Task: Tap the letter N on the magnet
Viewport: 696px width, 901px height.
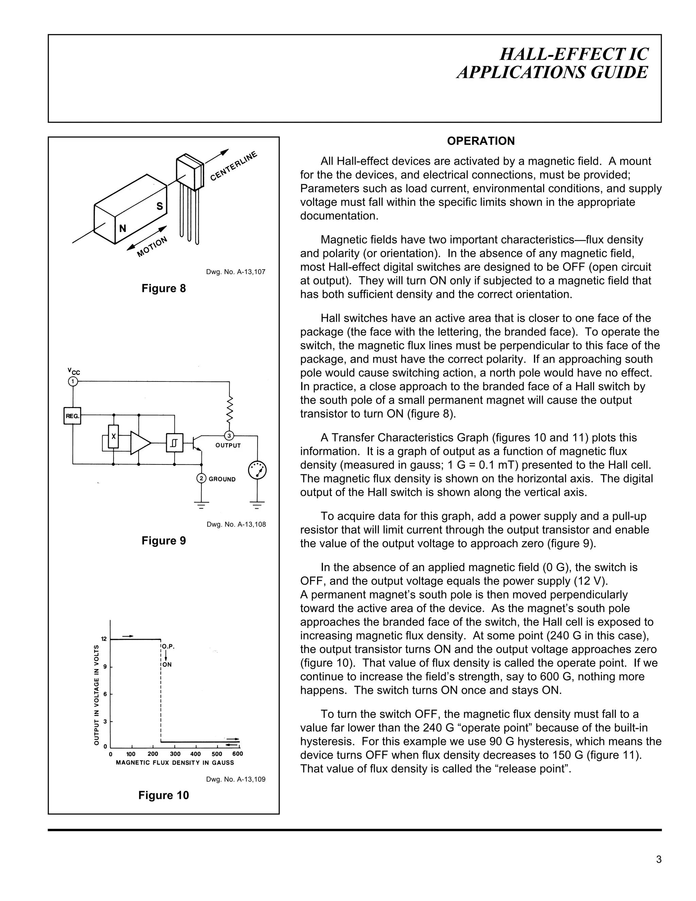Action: point(122,228)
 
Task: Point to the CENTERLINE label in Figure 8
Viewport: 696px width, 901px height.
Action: point(233,166)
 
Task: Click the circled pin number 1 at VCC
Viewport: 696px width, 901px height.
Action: point(73,381)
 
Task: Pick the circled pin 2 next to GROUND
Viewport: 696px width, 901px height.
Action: point(201,479)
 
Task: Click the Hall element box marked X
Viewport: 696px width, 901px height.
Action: point(114,437)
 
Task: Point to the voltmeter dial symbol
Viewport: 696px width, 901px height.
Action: point(257,470)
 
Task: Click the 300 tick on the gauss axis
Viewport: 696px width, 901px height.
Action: point(175,754)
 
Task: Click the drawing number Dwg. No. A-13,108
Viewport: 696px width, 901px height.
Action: point(236,524)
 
